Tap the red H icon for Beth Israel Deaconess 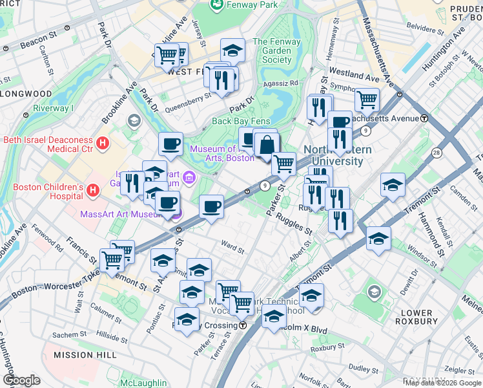102,142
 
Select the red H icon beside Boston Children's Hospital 92,190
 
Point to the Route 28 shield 437,153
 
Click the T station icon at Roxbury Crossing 242,325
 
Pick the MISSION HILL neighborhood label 85,355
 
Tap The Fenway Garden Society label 272,50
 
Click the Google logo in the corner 21,380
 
